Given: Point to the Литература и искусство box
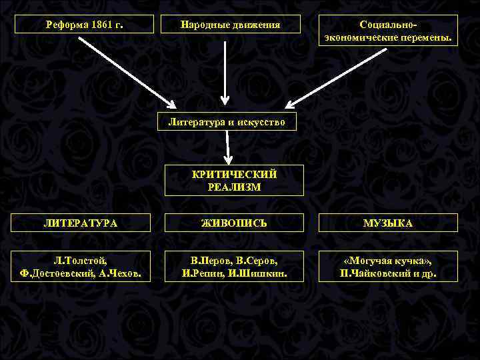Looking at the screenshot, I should (x=227, y=122).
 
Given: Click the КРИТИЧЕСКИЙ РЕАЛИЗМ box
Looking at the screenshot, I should (x=234, y=180).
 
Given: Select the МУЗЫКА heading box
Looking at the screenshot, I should (x=388, y=223).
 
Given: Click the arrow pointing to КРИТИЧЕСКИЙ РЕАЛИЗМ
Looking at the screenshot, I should (x=228, y=147).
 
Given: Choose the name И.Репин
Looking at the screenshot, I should (x=203, y=273).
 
